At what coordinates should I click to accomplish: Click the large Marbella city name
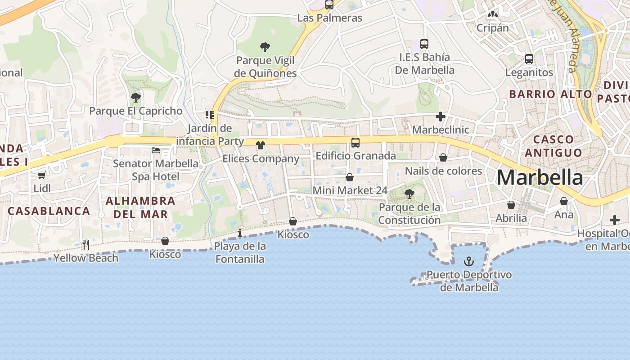540,178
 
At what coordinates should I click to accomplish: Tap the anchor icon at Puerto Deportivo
469,261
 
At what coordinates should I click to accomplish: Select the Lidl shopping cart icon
42,175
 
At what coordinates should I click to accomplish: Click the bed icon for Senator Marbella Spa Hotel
156,150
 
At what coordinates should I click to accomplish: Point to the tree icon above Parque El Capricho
135,97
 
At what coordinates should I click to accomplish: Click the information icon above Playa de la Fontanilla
240,233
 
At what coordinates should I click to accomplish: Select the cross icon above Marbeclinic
441,117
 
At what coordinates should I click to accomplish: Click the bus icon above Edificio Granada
355,143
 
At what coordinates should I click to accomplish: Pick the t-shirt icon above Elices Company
261,145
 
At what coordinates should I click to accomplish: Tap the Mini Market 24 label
350,190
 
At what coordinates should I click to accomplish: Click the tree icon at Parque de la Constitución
409,194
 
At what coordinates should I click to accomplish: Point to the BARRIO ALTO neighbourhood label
550,94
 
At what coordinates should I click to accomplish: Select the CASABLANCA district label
49,211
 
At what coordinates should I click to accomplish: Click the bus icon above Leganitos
529,59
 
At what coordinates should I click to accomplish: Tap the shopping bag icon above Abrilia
511,205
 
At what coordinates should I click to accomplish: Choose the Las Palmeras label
330,18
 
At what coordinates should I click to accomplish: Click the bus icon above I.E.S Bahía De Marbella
424,44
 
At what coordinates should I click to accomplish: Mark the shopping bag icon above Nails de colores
443,157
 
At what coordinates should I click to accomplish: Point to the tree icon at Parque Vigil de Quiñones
265,47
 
